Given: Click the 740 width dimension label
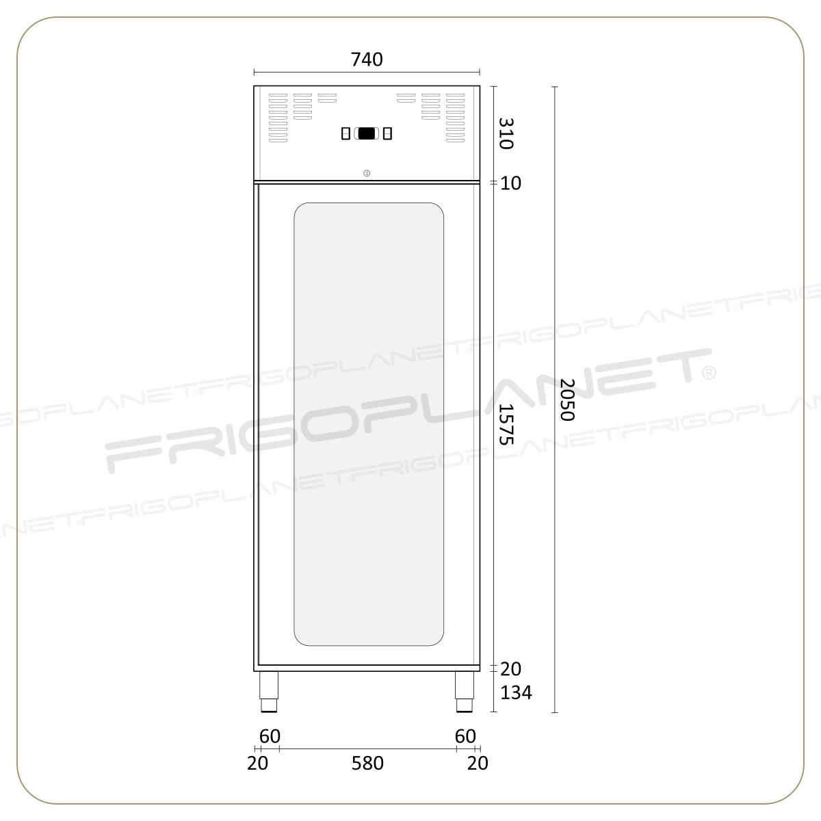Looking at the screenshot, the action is (367, 60).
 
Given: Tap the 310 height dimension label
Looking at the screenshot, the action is (506, 134).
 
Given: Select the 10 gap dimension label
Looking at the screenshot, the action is (510, 183).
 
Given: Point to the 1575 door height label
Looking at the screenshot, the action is (506, 424).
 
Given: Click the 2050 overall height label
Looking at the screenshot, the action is (567, 400).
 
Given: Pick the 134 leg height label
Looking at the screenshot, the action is (516, 693).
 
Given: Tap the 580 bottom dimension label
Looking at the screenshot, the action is (367, 763).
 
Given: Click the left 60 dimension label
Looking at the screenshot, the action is (270, 736).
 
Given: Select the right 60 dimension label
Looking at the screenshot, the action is (465, 736).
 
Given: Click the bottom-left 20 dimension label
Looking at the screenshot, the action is (258, 763).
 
